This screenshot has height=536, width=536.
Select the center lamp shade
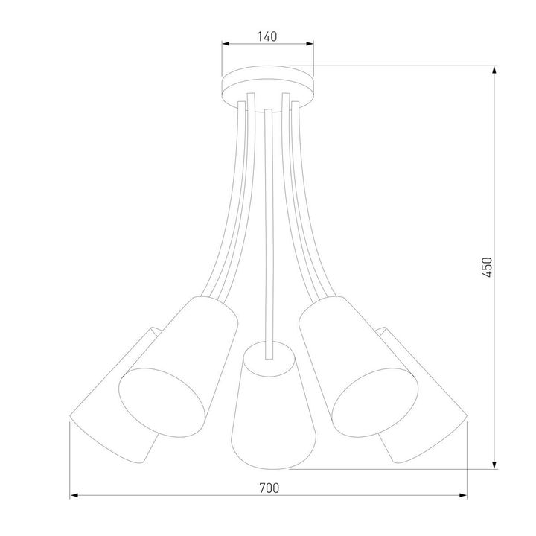268,406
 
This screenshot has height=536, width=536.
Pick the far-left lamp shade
112,402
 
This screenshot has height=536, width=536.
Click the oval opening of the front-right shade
373,400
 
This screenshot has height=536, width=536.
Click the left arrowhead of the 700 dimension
74,496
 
